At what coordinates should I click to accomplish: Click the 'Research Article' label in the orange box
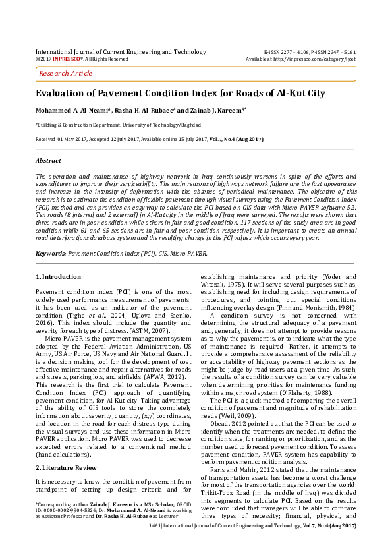point(66,73)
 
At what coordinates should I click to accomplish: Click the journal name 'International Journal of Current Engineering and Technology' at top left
point(121,51)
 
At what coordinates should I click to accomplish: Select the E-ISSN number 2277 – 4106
point(293,51)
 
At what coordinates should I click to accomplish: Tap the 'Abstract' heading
point(47,160)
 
